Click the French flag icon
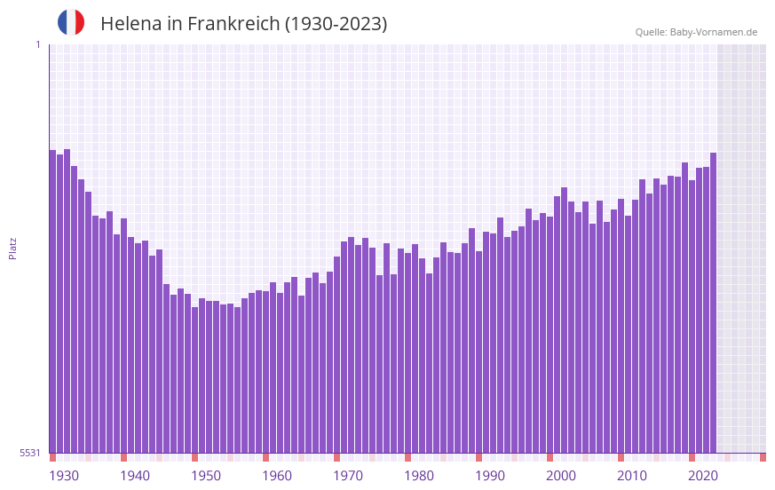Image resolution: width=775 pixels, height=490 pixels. coord(71,22)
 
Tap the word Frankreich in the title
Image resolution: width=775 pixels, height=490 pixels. coord(230,24)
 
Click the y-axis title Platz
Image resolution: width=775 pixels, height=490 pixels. coord(12,248)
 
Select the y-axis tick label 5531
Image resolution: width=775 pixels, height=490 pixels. coord(30,453)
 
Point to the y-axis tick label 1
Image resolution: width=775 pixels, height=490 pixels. coord(37,44)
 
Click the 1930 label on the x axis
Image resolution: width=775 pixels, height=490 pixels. coord(64,476)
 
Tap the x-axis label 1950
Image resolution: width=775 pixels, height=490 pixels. coord(206,476)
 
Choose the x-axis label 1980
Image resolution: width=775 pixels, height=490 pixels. coord(419,476)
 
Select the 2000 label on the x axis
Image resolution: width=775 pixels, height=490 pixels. coord(561,476)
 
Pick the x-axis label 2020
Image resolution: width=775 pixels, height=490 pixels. coord(703,476)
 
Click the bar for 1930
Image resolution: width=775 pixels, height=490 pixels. coord(53,302)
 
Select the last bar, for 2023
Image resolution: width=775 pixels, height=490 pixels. coord(713,303)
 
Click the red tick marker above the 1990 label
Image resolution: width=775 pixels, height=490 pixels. coord(478,457)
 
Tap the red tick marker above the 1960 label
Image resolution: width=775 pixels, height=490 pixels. coord(265,457)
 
